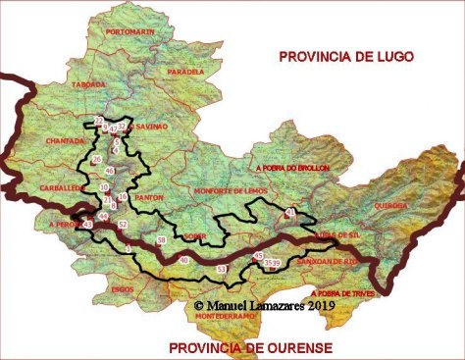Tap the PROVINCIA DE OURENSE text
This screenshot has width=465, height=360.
250,348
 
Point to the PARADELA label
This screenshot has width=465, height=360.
185,72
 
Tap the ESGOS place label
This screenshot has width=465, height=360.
123,289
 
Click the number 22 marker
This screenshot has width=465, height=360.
99,121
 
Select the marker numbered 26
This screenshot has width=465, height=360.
96,159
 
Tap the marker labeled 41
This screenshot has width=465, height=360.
289,212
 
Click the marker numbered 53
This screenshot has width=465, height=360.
221,268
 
